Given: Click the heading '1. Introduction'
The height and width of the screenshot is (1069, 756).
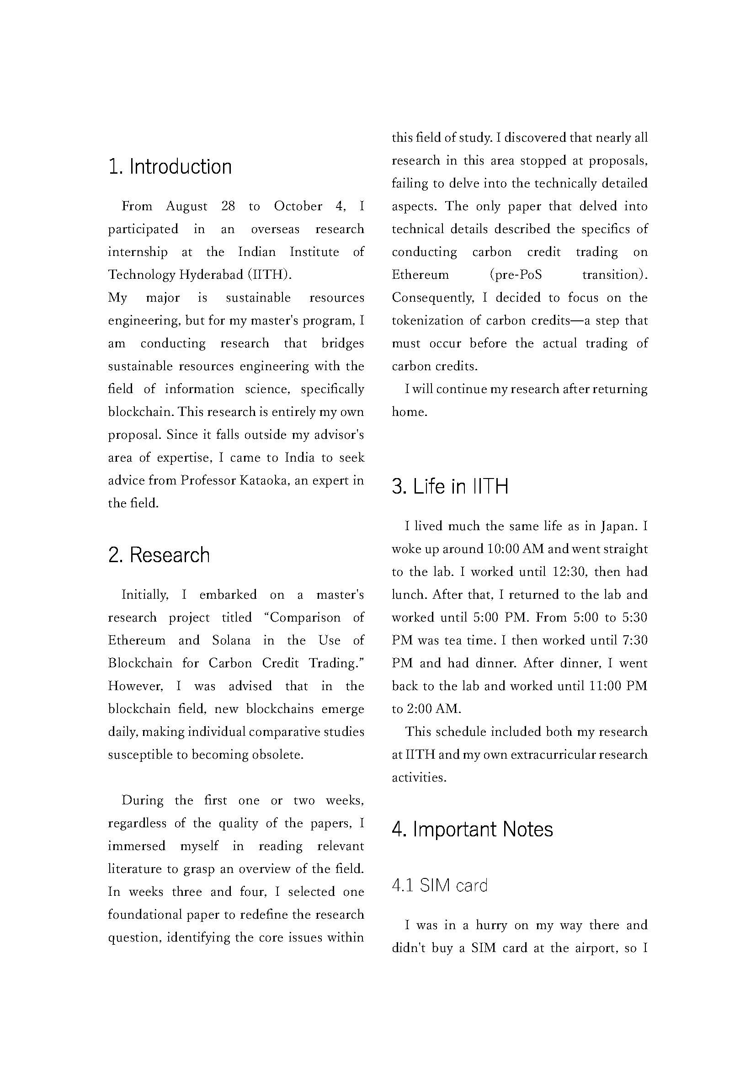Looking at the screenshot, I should [170, 167].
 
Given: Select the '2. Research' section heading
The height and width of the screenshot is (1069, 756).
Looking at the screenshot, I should [159, 555].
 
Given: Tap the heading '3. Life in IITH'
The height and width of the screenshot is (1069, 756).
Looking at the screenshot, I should [450, 487].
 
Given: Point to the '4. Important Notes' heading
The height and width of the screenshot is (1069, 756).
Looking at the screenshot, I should [472, 829].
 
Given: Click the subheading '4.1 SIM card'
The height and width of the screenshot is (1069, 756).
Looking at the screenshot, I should [439, 885].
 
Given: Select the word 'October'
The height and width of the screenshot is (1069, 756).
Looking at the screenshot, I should [298, 206].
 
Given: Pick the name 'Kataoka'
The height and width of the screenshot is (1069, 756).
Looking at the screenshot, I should [264, 480].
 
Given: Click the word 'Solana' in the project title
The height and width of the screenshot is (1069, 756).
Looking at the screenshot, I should [231, 640].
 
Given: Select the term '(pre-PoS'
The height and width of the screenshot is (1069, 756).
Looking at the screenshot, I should [516, 275].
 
